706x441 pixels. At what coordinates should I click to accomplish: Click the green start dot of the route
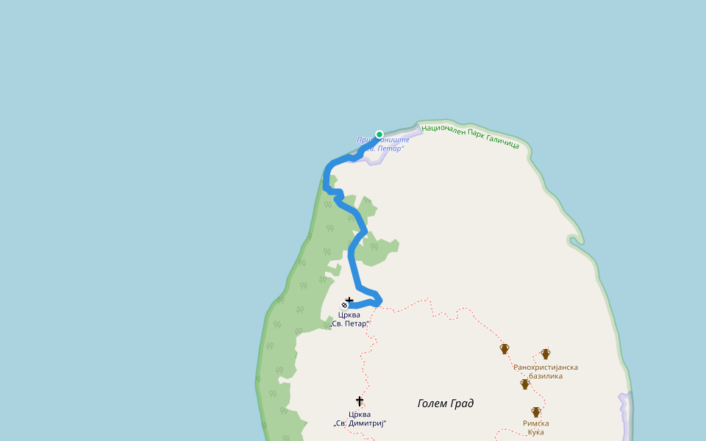[x=379, y=135]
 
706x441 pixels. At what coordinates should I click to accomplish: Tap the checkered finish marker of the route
[x=344, y=305]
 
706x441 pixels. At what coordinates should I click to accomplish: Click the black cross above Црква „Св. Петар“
[x=349, y=301]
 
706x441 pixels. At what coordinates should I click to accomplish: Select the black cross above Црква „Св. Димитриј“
[x=360, y=401]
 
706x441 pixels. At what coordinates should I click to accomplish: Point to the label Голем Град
[x=446, y=403]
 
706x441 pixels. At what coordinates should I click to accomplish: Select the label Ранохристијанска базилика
[x=546, y=371]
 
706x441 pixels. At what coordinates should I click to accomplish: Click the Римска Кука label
[x=535, y=427]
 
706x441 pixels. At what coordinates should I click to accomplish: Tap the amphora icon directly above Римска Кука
[x=536, y=412]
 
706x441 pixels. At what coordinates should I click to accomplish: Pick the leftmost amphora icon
[x=504, y=348]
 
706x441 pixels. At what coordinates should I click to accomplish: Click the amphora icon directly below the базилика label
[x=525, y=384]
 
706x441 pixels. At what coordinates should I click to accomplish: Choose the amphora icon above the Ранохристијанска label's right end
[x=546, y=354]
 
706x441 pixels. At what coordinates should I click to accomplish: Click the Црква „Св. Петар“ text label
[x=349, y=319]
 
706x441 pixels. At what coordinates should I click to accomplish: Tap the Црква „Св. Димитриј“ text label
[x=360, y=418]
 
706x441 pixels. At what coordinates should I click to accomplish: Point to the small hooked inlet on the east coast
[x=574, y=240]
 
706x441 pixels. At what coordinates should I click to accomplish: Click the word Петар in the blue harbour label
[x=390, y=148]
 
